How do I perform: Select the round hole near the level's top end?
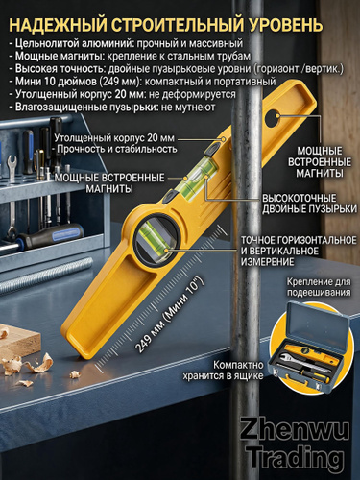pyautogui.click(x=273, y=118)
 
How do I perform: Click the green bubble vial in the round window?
pyautogui.click(x=156, y=241)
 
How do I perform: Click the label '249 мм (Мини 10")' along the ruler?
pyautogui.click(x=169, y=315)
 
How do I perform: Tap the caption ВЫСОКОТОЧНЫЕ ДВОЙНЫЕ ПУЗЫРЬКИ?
pyautogui.click(x=309, y=204)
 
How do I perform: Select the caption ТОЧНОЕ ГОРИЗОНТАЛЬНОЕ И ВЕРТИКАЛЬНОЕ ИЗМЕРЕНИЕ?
pyautogui.click(x=299, y=251)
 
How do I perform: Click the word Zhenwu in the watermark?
pyautogui.click(x=295, y=431)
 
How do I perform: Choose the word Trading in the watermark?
pyautogui.click(x=296, y=458)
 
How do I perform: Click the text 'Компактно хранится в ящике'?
pyautogui.click(x=223, y=370)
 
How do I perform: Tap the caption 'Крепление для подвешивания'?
pyautogui.click(x=319, y=287)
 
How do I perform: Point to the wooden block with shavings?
pyautogui.click(x=19, y=342)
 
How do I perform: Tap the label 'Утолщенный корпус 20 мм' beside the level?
pyautogui.click(x=114, y=138)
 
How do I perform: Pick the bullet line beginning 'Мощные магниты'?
pyautogui.click(x=130, y=56)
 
